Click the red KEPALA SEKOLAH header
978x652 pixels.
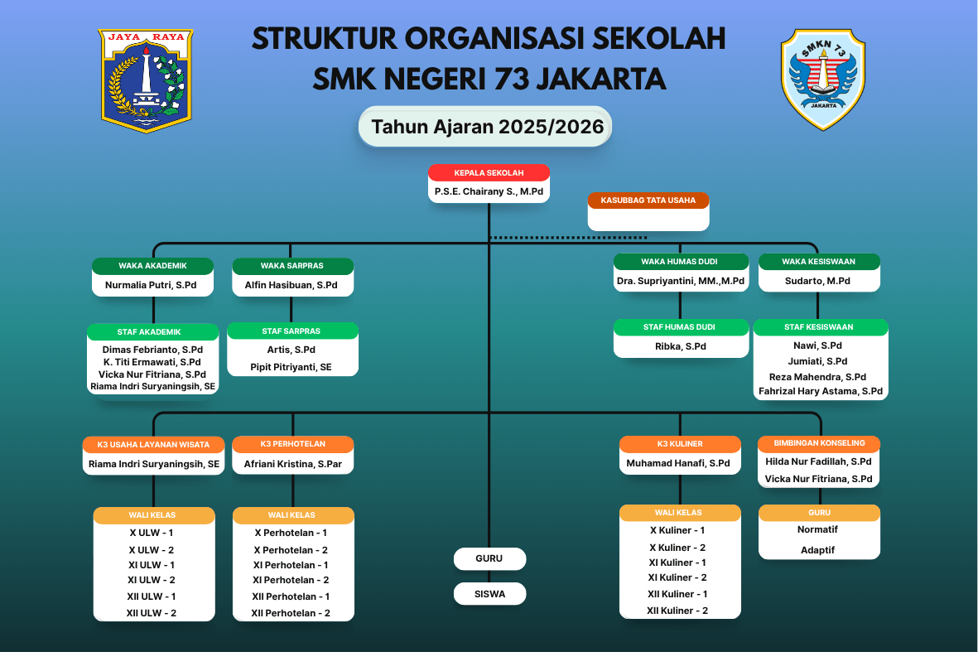[x=489, y=173]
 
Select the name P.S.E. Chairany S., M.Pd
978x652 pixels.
[x=489, y=191]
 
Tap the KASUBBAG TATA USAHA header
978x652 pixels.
[x=648, y=200]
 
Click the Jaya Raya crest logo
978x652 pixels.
[x=146, y=80]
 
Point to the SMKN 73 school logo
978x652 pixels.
[x=822, y=80]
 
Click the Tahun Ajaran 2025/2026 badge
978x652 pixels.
[x=485, y=127]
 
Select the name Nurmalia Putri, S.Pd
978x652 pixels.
[x=152, y=285]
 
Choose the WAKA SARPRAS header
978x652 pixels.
[x=291, y=266]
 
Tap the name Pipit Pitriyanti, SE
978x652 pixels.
[x=291, y=366]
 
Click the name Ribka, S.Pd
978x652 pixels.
[x=680, y=346]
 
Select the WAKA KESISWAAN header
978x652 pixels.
[x=818, y=262]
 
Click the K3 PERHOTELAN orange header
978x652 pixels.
[x=292, y=444]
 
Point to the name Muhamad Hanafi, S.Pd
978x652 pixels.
[x=678, y=463]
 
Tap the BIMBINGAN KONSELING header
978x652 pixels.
[x=818, y=443]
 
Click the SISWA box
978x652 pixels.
[x=489, y=594]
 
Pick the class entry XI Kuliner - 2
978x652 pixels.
[x=678, y=577]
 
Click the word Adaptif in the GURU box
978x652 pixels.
[x=817, y=550]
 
